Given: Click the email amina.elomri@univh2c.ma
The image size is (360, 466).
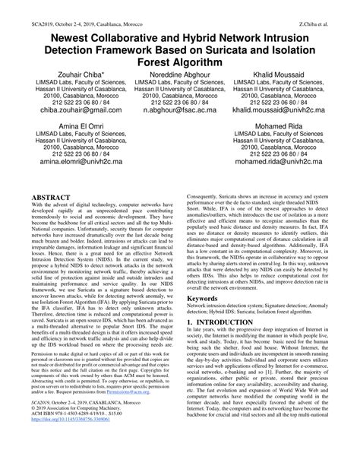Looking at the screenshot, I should (66, 163).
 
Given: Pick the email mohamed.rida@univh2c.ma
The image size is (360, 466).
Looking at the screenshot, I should (292, 163).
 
